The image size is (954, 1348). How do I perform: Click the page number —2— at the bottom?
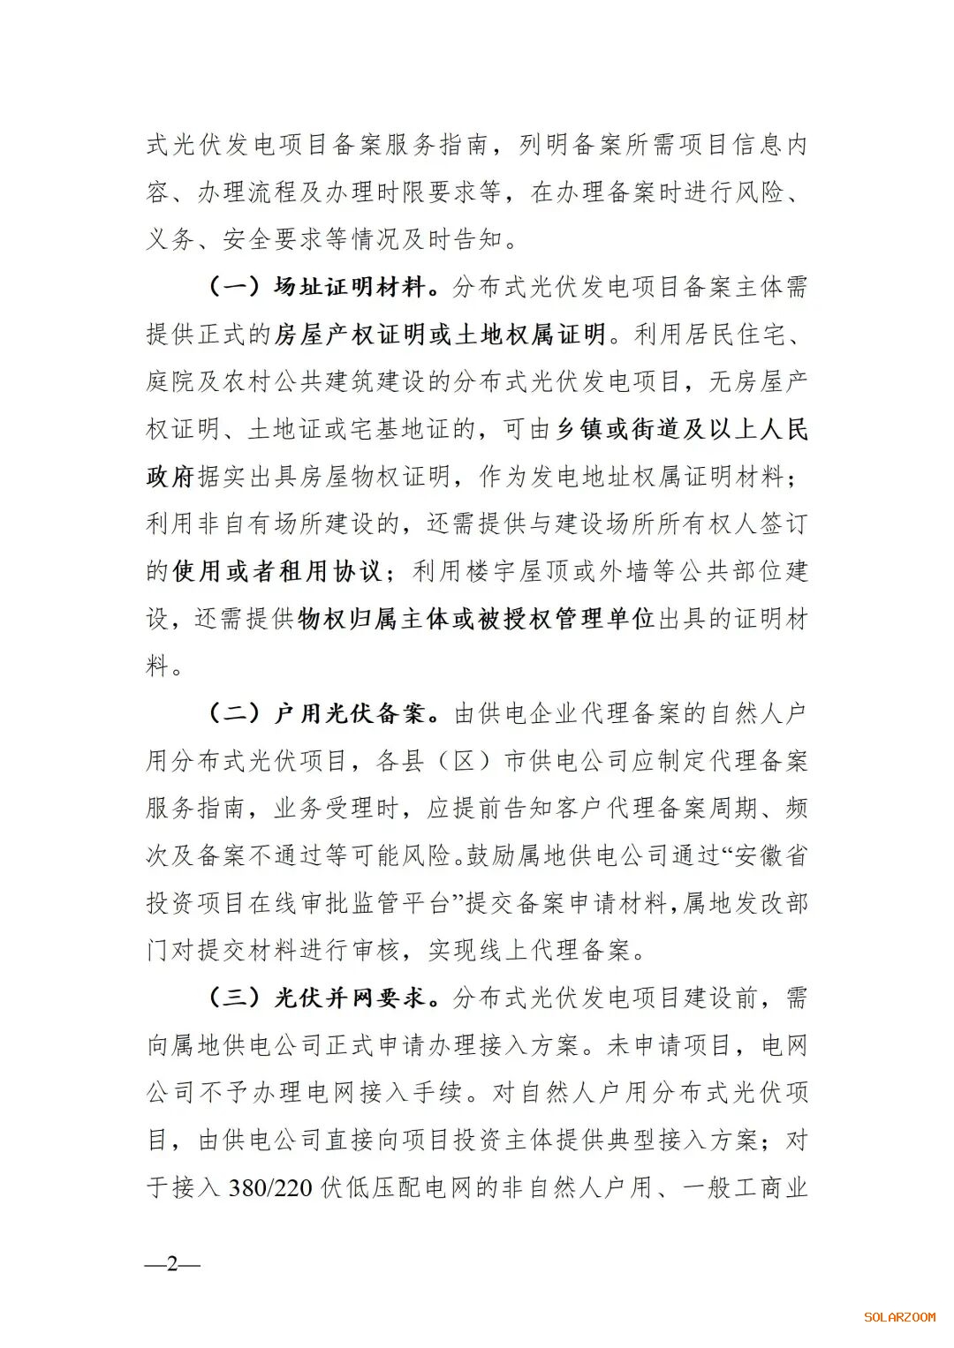tap(172, 1264)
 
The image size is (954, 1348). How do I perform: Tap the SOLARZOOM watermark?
tap(899, 1317)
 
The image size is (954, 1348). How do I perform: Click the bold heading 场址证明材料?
tap(350, 287)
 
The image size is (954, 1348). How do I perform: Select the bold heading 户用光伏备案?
tap(350, 713)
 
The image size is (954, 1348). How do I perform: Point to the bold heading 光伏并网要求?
tap(350, 998)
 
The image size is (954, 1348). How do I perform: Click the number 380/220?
tap(270, 1187)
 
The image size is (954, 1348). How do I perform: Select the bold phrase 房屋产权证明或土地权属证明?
tap(440, 335)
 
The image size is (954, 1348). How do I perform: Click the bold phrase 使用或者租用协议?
tap(276, 571)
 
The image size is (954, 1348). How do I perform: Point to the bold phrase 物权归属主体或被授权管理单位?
tap(476, 619)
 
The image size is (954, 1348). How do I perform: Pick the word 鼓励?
tap(491, 855)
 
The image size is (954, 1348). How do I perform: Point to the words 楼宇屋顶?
tap(517, 571)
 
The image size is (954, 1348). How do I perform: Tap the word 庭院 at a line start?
tap(171, 381)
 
